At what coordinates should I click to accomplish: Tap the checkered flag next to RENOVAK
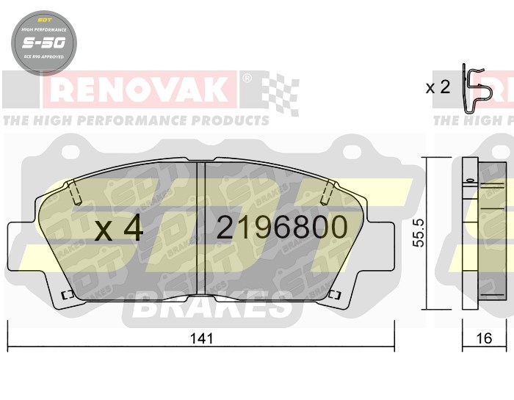coord(280,92)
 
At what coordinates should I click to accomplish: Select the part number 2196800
coord(281,228)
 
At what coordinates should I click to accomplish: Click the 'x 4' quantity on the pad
coord(119,229)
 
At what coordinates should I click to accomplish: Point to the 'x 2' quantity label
coord(438,87)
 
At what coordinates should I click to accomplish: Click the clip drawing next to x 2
coord(477,89)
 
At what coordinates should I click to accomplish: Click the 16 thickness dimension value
coord(484,338)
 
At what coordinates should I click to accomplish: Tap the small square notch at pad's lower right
coord(337,295)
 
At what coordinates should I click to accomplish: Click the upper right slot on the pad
coord(330,192)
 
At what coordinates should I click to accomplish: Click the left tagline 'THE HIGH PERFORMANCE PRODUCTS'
coord(136,120)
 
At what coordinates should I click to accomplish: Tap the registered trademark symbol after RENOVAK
coord(247,77)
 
